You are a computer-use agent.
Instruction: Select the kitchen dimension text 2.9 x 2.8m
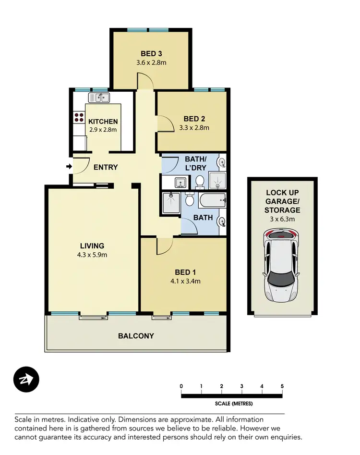[103, 130]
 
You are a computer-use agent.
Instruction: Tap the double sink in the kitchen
[99, 98]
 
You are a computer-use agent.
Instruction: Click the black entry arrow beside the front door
[69, 167]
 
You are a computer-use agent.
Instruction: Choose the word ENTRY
[106, 167]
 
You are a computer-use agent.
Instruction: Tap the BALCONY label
[136, 336]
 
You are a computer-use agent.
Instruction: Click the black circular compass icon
[26, 380]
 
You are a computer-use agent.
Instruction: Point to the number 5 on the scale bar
[282, 386]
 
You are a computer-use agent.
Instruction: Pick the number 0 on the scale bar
[181, 386]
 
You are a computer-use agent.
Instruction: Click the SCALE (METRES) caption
[232, 404]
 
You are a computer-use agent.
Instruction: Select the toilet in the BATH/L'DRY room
[200, 182]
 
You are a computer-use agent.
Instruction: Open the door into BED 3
[145, 81]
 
